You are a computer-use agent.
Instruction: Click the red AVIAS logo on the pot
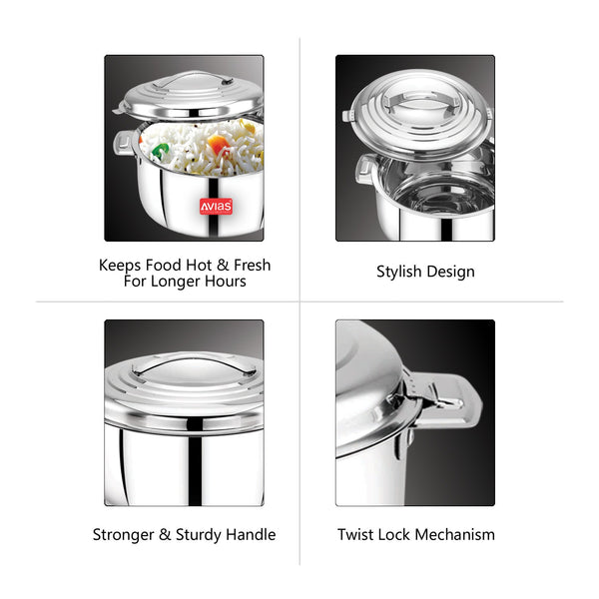point(216,207)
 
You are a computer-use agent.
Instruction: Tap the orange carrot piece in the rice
point(218,144)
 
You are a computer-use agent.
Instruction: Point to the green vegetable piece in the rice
point(160,150)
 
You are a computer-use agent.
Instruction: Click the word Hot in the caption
point(199,265)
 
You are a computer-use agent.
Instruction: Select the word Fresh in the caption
point(253,265)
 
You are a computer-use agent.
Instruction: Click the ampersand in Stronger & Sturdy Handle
point(165,534)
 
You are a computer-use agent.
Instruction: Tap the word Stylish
point(398,272)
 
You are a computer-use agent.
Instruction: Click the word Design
point(451,272)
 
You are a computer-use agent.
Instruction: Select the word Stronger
point(123,534)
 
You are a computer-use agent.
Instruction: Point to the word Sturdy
point(199,534)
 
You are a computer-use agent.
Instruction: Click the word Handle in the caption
point(251,534)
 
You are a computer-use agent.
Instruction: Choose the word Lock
point(393,534)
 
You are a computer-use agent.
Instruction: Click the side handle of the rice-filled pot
point(124,142)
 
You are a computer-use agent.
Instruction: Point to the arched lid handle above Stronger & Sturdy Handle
point(194,363)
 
